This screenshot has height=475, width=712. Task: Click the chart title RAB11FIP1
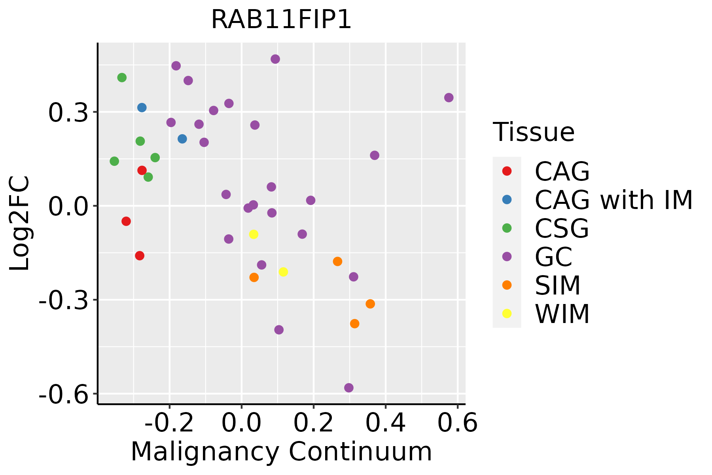(x=281, y=20)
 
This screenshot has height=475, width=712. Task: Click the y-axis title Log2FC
(x=20, y=224)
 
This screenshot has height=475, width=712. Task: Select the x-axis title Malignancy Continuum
(x=281, y=452)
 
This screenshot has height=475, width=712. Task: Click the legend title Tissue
(x=534, y=132)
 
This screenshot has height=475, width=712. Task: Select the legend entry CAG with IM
(x=614, y=200)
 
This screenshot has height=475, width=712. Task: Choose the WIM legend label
(x=562, y=314)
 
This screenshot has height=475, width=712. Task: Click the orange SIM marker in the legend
(x=507, y=285)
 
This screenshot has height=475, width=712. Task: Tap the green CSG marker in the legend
(x=507, y=228)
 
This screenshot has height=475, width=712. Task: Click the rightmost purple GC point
(x=449, y=98)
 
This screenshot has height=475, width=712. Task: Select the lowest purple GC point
(x=348, y=388)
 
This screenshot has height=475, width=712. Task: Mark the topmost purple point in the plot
(x=275, y=59)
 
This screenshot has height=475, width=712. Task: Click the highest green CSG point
(x=122, y=78)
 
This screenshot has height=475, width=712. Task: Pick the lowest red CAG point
(x=140, y=256)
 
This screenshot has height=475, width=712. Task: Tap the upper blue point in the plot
(x=142, y=108)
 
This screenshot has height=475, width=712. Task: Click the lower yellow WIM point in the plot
(x=283, y=272)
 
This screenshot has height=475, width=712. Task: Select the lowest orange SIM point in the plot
(x=354, y=324)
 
